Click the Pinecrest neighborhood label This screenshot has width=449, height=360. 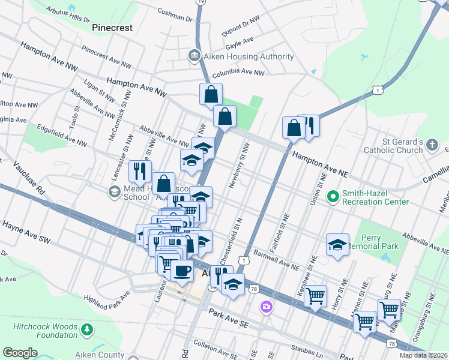click(x=111, y=28)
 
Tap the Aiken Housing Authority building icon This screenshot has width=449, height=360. click(x=194, y=57)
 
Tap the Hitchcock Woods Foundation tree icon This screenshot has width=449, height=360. click(x=88, y=329)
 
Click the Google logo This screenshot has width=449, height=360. click(x=20, y=353)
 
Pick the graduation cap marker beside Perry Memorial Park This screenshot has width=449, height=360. click(x=338, y=244)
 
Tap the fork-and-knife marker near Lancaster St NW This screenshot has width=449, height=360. click(x=140, y=171)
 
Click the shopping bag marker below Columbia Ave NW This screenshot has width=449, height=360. click(x=211, y=94)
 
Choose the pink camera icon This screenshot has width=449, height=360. click(x=265, y=307)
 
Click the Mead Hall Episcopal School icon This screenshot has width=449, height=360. click(x=113, y=191)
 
